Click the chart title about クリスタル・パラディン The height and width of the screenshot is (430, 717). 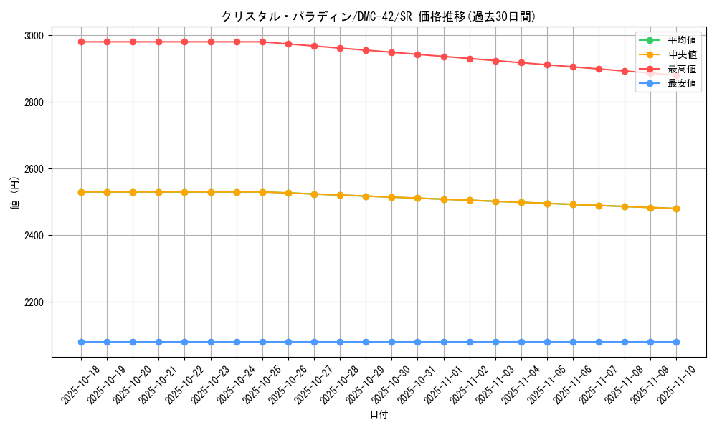[x=379, y=16]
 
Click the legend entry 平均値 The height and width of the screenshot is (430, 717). [x=681, y=40]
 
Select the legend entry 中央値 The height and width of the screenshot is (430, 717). [x=681, y=54]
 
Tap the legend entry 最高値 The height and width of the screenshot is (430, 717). [x=681, y=69]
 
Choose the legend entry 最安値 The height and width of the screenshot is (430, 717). [x=681, y=83]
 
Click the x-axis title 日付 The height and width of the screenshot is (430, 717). [x=379, y=415]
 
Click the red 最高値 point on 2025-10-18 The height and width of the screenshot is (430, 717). [x=81, y=42]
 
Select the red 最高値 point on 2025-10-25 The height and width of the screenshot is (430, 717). [x=262, y=42]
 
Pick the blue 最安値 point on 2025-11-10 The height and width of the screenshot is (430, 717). [x=676, y=342]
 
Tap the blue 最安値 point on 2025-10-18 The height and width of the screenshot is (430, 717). [x=81, y=342]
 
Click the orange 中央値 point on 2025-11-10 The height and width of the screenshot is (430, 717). [x=676, y=209]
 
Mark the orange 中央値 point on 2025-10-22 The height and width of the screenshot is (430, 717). [x=184, y=192]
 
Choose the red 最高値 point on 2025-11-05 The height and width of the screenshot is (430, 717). [x=547, y=64]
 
